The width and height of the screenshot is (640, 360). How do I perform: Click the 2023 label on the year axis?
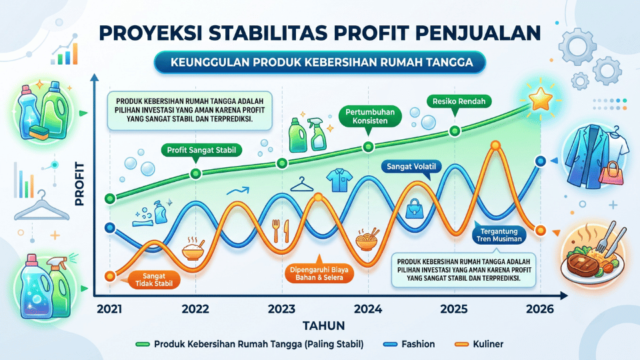pyautogui.click(x=281, y=309)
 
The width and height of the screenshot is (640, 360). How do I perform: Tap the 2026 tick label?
pyautogui.click(x=540, y=309)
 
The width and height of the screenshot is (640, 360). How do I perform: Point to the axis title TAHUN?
pyautogui.click(x=324, y=326)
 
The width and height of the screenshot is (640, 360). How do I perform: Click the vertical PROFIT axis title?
pyautogui.click(x=79, y=184)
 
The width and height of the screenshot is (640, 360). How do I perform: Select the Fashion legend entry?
pyautogui.click(x=409, y=344)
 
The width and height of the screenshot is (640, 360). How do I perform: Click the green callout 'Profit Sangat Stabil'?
pyautogui.click(x=201, y=150)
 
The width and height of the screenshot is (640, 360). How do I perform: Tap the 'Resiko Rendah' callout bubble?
pyautogui.click(x=459, y=101)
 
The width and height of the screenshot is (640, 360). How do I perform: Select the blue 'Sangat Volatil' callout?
pyautogui.click(x=411, y=167)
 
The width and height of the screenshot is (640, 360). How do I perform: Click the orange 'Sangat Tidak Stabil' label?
pyautogui.click(x=154, y=279)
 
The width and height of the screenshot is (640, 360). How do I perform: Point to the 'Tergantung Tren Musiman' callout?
pyautogui.click(x=499, y=235)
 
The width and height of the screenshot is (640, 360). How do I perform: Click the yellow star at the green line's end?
pyautogui.click(x=541, y=99)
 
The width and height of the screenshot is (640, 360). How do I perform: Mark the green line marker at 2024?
pyautogui.click(x=368, y=147)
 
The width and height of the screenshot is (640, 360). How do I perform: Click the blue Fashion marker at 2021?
pyautogui.click(x=110, y=227)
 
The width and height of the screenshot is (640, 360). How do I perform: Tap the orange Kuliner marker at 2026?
pyautogui.click(x=541, y=231)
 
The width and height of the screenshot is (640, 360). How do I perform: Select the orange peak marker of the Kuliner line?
pyautogui.click(x=495, y=145)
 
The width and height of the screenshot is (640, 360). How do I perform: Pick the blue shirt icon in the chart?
pyautogui.click(x=339, y=180)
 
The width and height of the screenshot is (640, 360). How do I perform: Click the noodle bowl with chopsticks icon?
pyautogui.click(x=368, y=239)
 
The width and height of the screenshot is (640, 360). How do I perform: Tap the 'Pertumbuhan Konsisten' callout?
pyautogui.click(x=370, y=116)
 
